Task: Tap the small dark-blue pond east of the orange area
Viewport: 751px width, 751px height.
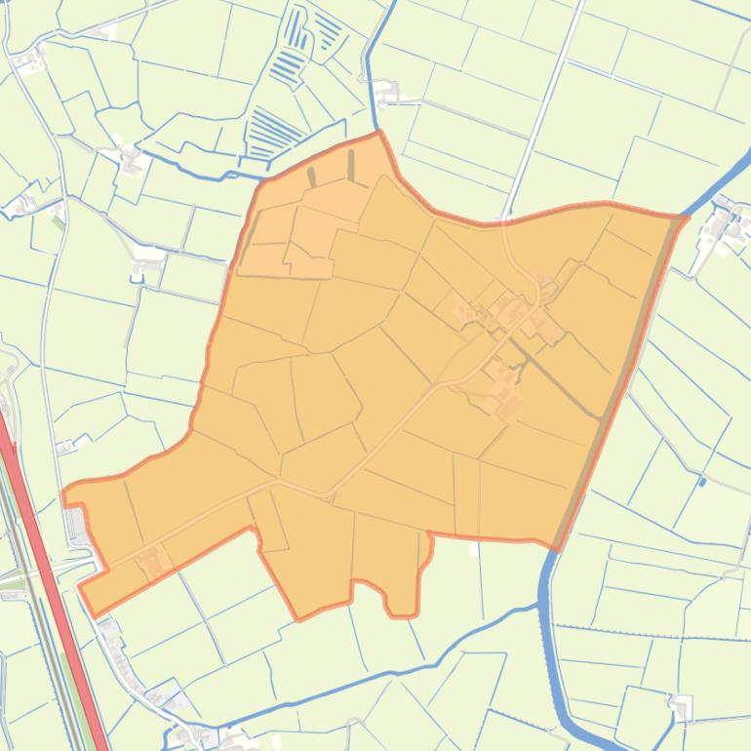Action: pos(702,481)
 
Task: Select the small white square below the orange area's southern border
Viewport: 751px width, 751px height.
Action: pos(474,549)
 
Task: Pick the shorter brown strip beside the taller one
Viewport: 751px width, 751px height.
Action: pos(312,177)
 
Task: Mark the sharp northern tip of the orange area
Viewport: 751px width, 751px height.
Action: pos(378,135)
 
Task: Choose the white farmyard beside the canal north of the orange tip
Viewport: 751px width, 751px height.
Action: pos(388,95)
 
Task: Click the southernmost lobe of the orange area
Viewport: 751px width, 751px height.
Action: pos(402,600)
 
